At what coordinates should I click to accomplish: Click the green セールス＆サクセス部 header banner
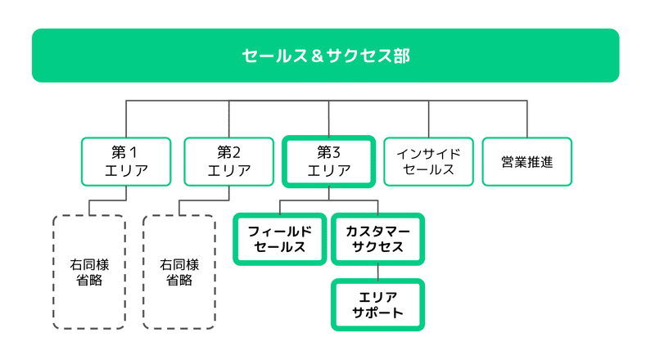[x=325, y=56]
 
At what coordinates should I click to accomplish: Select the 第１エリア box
[x=126, y=162]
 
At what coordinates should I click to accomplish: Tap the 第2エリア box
[x=229, y=162]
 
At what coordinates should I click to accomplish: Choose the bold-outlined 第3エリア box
[x=329, y=162]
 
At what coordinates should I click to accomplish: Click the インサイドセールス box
[x=428, y=162]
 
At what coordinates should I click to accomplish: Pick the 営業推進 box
[x=527, y=162]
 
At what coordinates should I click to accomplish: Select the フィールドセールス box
[x=280, y=239]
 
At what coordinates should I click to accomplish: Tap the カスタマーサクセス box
[x=378, y=239]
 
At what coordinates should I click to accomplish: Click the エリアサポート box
[x=378, y=305]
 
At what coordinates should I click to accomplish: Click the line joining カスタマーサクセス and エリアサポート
[x=378, y=272]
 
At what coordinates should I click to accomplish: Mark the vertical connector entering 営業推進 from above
[x=527, y=119]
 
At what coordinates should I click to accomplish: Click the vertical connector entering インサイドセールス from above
[x=428, y=119]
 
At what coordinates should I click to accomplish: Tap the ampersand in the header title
[x=317, y=56]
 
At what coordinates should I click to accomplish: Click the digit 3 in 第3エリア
[x=336, y=152]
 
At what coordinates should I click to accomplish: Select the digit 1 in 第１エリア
[x=133, y=152]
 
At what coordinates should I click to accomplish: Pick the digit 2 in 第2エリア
[x=236, y=152]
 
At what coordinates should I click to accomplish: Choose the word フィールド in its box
[x=280, y=232]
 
